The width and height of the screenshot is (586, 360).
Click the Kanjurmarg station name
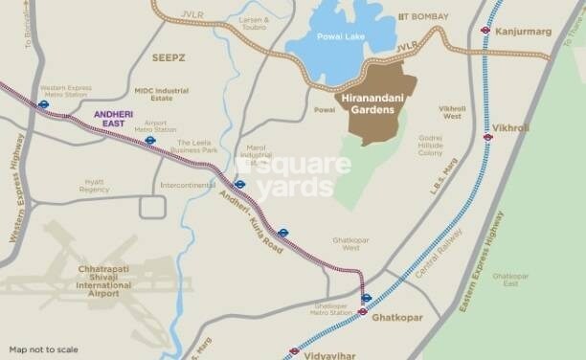click(x=525, y=31)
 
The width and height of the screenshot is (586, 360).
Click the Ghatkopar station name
click(x=397, y=316)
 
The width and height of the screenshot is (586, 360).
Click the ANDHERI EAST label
click(x=114, y=118)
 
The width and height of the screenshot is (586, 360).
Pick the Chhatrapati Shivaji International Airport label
click(x=104, y=279)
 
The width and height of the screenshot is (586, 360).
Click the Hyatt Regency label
click(x=95, y=186)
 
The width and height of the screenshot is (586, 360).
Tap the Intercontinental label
click(x=188, y=185)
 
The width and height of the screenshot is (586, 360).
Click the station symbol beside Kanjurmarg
click(x=485, y=30)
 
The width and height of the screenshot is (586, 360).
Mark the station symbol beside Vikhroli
click(x=487, y=137)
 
